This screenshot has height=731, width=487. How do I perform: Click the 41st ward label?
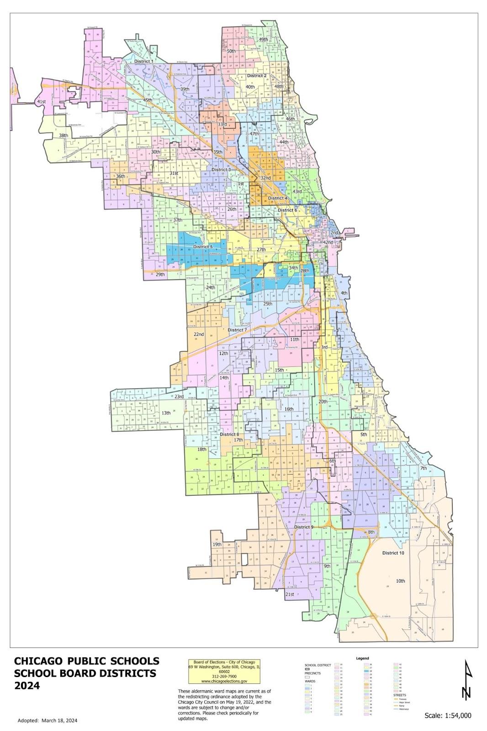[x=42, y=101]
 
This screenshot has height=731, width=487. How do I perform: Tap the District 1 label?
[x=143, y=61]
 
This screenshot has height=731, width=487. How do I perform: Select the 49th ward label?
[x=264, y=40]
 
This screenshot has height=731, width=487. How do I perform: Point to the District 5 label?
[x=202, y=247]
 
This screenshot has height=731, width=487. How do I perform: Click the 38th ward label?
[x=63, y=136]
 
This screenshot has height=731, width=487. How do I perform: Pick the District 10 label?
[x=393, y=553]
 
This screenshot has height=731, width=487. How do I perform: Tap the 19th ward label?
[x=217, y=545]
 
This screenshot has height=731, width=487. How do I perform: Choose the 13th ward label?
[x=166, y=413]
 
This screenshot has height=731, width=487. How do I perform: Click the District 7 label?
[x=237, y=330]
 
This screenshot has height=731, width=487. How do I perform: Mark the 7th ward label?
[x=423, y=468]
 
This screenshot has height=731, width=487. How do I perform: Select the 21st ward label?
[x=289, y=594]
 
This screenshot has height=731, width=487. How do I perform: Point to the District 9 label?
[x=303, y=527]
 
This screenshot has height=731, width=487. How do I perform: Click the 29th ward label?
[x=160, y=275]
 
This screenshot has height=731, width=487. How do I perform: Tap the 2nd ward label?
[x=334, y=233]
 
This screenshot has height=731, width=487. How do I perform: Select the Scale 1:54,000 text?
[x=448, y=715]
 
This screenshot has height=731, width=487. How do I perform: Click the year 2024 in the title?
[x=27, y=686]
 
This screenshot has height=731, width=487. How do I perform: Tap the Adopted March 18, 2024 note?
[x=47, y=720]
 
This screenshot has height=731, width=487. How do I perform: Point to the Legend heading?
[x=362, y=658]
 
